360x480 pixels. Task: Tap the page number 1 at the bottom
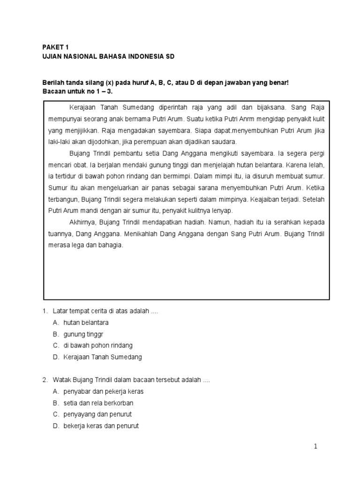point(316,447)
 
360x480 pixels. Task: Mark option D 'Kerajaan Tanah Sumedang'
point(102,357)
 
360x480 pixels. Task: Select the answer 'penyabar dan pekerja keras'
point(103,391)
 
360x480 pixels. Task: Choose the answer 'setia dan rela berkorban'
point(98,403)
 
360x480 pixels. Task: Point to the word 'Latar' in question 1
point(60,311)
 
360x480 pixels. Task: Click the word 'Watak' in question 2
point(62,380)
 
